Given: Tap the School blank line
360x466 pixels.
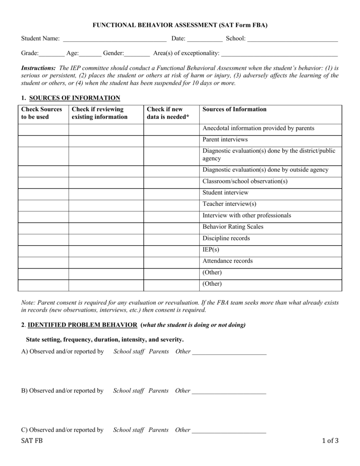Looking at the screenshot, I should pyautogui.click(x=292, y=40).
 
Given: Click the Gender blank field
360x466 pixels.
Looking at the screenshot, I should pyautogui.click(x=137, y=54).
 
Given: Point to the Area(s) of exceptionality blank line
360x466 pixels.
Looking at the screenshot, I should pyautogui.click(x=279, y=54).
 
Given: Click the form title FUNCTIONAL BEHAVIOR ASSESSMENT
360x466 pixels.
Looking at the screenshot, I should pyautogui.click(x=180, y=25).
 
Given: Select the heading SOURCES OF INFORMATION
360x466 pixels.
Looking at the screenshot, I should pyautogui.click(x=75, y=98).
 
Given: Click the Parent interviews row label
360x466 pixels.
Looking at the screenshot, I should pyautogui.click(x=225, y=140).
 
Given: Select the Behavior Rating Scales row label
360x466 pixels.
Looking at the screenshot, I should pyautogui.click(x=233, y=227).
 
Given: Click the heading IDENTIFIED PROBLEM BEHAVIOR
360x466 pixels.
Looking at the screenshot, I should pyautogui.click(x=82, y=325).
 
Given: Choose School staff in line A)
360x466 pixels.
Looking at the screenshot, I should pyautogui.click(x=128, y=352).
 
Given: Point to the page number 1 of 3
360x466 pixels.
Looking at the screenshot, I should pyautogui.click(x=330, y=441).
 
